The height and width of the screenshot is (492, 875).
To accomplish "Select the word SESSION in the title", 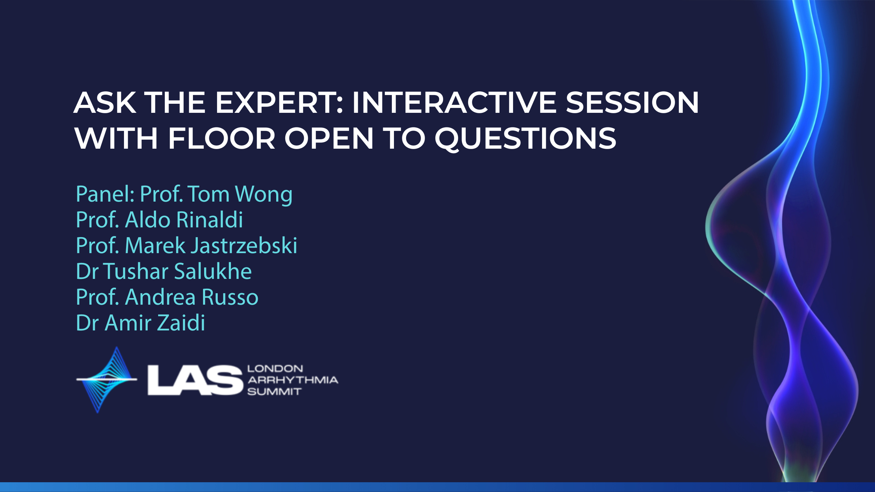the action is [632, 102].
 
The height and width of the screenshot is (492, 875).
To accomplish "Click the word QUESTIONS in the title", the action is [526, 139].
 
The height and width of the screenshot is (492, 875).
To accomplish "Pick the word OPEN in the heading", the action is [329, 138].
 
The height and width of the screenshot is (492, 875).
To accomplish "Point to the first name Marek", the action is [155, 245].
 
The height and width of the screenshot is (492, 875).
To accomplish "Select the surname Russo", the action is [230, 297].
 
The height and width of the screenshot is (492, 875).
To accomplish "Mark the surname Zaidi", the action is [181, 322].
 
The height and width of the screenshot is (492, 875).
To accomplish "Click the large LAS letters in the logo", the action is [195, 380].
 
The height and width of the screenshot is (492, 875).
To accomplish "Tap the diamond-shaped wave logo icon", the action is [107, 380].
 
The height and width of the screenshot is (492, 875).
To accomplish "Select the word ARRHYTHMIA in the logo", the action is [293, 380].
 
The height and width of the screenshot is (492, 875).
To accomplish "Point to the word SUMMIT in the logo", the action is [274, 392].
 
